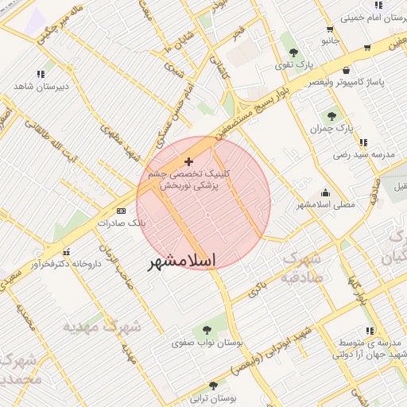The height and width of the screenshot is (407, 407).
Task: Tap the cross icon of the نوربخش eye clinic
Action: pos(188,161)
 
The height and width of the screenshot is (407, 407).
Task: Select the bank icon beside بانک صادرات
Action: pos(121,211)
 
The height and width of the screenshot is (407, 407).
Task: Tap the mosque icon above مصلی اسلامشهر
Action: pos(325,192)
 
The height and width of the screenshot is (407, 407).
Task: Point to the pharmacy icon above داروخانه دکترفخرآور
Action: pos(66,251)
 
